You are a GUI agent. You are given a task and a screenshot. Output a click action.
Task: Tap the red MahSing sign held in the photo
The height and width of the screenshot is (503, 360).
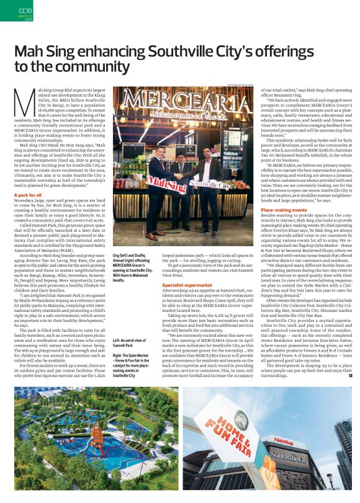(x=150, y=184)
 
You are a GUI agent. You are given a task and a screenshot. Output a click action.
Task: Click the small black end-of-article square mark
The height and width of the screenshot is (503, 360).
(x=351, y=375)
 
